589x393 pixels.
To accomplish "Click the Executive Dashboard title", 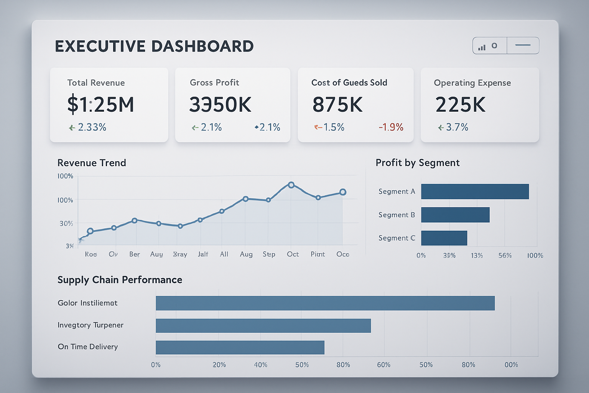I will pyautogui.click(x=154, y=46).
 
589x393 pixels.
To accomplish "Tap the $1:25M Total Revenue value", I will pyautogui.click(x=100, y=104).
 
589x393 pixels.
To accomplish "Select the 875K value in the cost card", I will pyautogui.click(x=337, y=104).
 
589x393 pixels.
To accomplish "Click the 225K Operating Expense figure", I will pyautogui.click(x=461, y=104).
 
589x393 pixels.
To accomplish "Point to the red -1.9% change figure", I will pyautogui.click(x=391, y=127).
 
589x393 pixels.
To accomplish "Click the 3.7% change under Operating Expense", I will pyautogui.click(x=457, y=127).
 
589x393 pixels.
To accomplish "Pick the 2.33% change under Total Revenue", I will pyautogui.click(x=92, y=127).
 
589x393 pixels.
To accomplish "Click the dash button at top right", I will pyautogui.click(x=523, y=46).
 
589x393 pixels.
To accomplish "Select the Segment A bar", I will pyautogui.click(x=475, y=192).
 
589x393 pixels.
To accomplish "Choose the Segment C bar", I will pyautogui.click(x=444, y=238).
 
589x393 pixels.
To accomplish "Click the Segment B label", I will pyautogui.click(x=397, y=215).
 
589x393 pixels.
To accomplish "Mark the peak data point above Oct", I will pyautogui.click(x=291, y=185).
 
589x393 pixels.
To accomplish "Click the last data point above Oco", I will pyautogui.click(x=343, y=192).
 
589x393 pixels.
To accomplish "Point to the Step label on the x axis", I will pyautogui.click(x=269, y=254).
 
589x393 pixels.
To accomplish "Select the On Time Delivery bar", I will pyautogui.click(x=240, y=347).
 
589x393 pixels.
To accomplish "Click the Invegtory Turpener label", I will pyautogui.click(x=90, y=325).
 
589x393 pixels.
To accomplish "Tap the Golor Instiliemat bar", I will pyautogui.click(x=325, y=303).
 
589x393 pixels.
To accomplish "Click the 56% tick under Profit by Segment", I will pyautogui.click(x=505, y=256).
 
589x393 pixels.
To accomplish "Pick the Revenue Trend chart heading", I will pyautogui.click(x=92, y=163).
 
